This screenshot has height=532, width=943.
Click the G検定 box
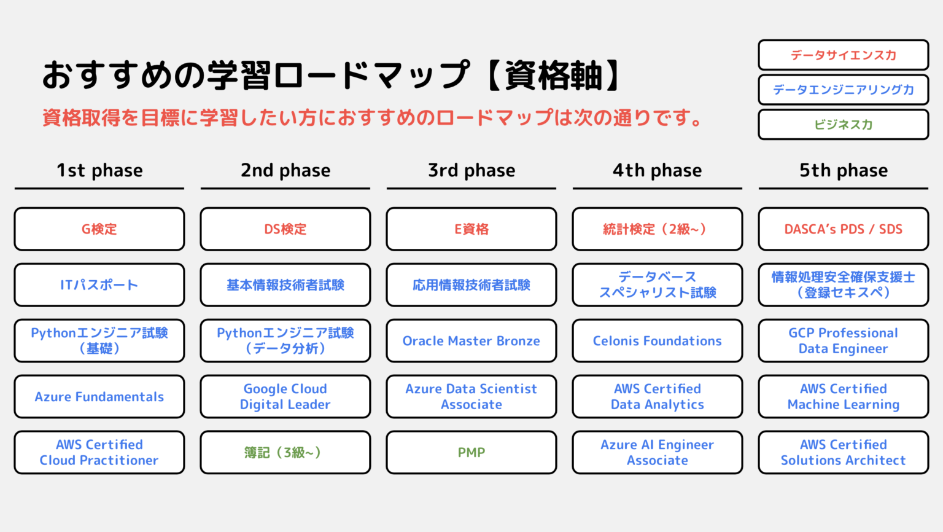(99, 229)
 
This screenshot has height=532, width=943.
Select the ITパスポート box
(99, 285)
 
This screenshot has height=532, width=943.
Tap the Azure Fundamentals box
(99, 396)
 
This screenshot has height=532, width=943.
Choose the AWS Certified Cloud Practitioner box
(99, 452)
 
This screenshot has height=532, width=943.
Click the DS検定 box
(285, 229)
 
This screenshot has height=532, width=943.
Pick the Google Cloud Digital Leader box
(285, 396)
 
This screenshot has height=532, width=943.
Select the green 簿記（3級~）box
(285, 452)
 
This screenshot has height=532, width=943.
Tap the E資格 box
(471, 229)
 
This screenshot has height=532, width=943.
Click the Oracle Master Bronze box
(471, 341)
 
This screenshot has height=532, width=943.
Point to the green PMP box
(471, 452)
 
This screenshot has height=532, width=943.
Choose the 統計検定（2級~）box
(658, 229)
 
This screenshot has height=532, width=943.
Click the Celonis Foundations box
(658, 341)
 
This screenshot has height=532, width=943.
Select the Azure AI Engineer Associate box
(658, 452)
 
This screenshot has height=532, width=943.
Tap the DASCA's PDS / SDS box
(844, 229)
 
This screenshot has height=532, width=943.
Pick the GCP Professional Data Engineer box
(844, 341)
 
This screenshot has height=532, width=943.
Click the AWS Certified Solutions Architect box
(844, 452)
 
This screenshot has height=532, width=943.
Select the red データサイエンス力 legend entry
(844, 55)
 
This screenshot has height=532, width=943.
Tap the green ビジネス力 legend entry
(844, 124)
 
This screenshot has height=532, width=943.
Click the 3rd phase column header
(471, 170)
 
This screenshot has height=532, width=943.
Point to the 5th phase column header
(844, 170)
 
